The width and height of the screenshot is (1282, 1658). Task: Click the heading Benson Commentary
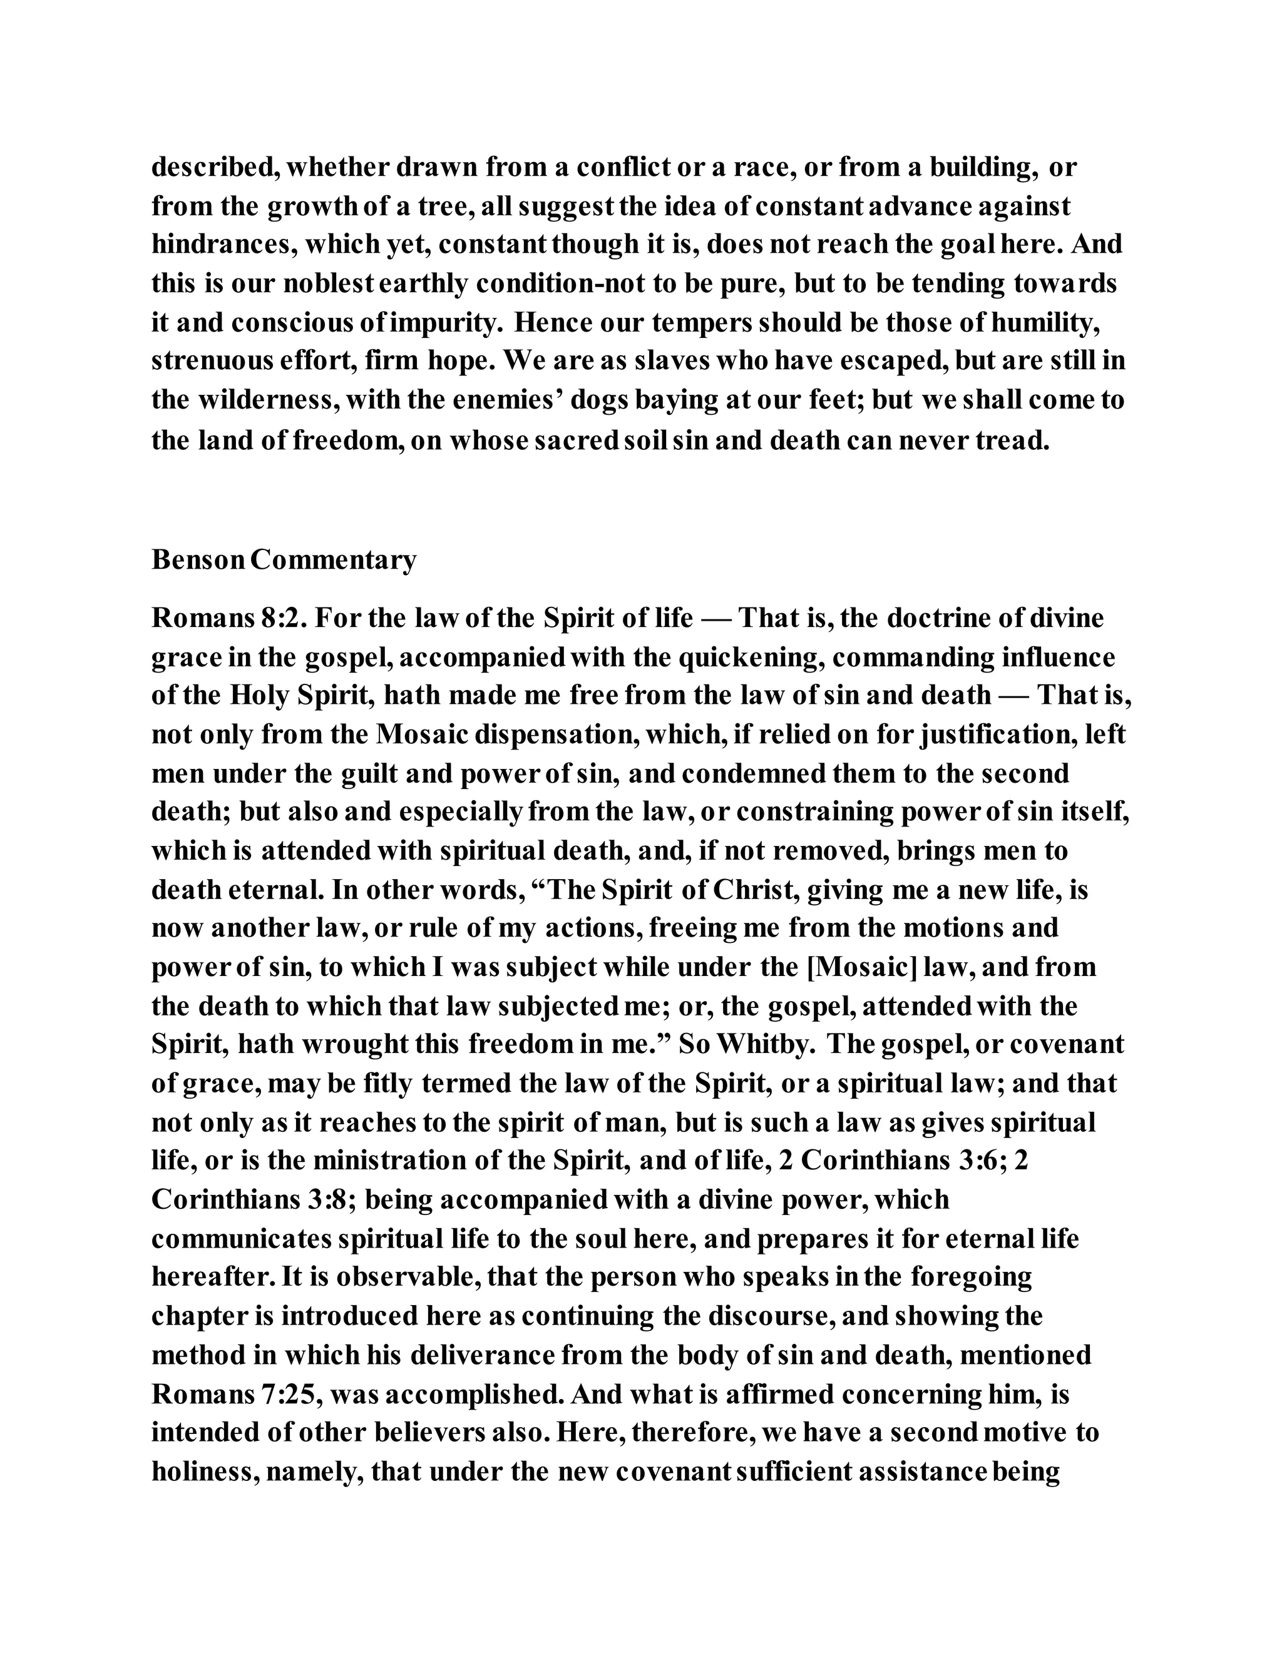coord(284,559)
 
